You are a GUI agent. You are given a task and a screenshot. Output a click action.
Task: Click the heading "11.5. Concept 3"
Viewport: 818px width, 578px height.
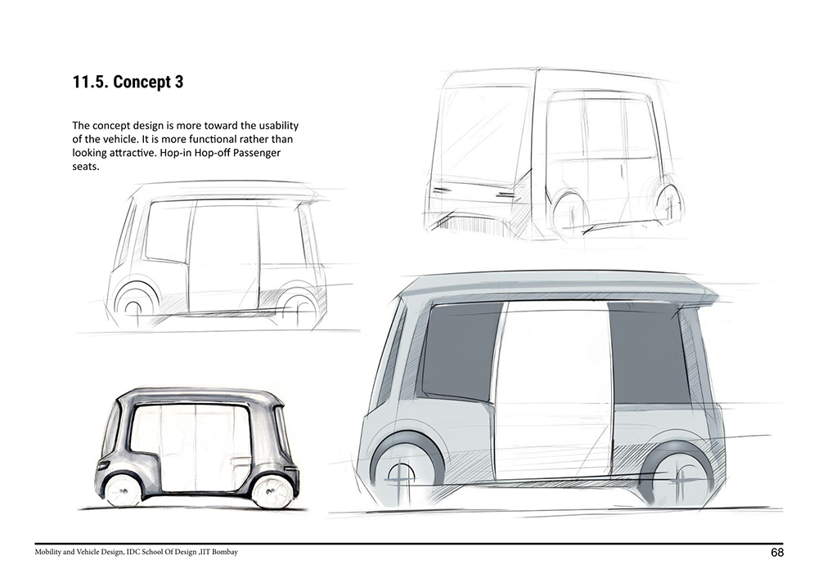[x=128, y=82]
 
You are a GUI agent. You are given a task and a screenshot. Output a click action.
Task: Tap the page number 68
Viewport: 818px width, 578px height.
[x=777, y=553]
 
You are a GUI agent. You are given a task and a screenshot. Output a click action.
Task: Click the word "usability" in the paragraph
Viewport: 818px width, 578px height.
[x=279, y=126]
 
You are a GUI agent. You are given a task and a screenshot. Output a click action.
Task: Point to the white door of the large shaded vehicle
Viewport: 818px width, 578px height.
[x=552, y=391]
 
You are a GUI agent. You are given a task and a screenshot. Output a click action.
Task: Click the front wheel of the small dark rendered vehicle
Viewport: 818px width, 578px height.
[x=122, y=490]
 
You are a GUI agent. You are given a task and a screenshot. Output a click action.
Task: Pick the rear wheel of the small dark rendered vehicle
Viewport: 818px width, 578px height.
[x=269, y=491]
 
